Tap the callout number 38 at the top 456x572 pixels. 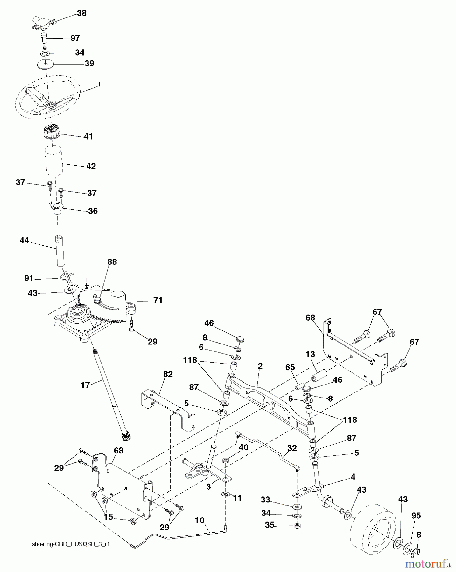click(x=82, y=13)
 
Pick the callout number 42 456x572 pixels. click(x=91, y=166)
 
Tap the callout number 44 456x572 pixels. click(x=24, y=241)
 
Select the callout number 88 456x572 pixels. click(x=112, y=262)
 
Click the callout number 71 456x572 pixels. click(x=158, y=300)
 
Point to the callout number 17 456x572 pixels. click(x=85, y=385)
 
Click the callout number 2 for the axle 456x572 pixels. click(x=260, y=366)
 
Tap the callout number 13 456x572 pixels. click(x=310, y=354)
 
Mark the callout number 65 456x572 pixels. click(x=290, y=367)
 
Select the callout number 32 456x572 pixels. click(x=292, y=448)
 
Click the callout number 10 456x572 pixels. click(x=199, y=520)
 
